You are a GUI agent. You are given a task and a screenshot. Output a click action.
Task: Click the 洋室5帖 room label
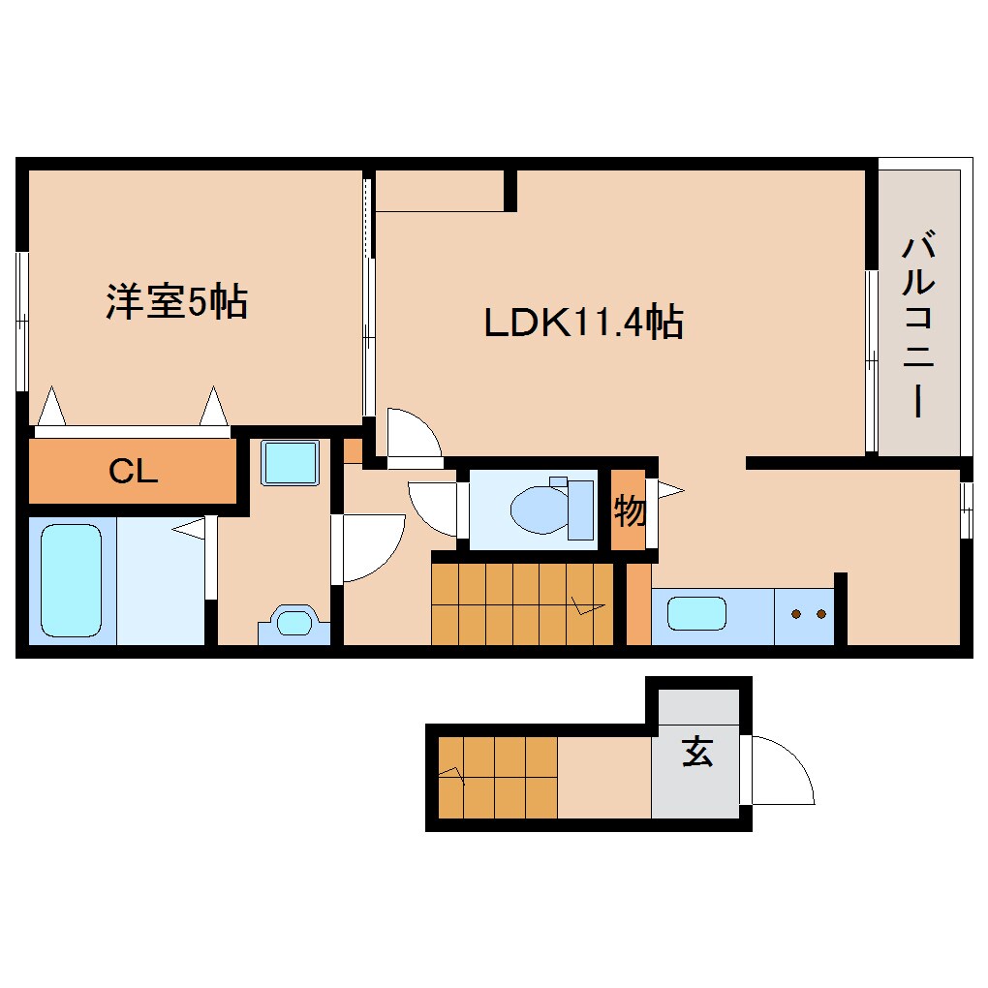click(x=176, y=302)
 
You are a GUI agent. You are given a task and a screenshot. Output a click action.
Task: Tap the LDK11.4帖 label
click(x=584, y=323)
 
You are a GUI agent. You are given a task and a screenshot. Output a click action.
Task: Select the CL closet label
click(x=133, y=472)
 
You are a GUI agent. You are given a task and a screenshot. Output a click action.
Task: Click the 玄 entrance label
click(x=697, y=752)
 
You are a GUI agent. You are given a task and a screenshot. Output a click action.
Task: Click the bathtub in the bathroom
click(x=72, y=581)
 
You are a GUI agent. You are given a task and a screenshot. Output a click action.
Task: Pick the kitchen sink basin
click(x=696, y=613)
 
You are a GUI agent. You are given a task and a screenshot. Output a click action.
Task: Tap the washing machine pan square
click(x=291, y=462)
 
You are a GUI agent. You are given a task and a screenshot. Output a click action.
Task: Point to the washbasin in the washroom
click(x=294, y=621)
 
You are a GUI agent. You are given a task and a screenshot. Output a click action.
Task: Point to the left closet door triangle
click(x=51, y=407)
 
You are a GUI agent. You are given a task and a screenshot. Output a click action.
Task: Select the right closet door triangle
click(x=213, y=407)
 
